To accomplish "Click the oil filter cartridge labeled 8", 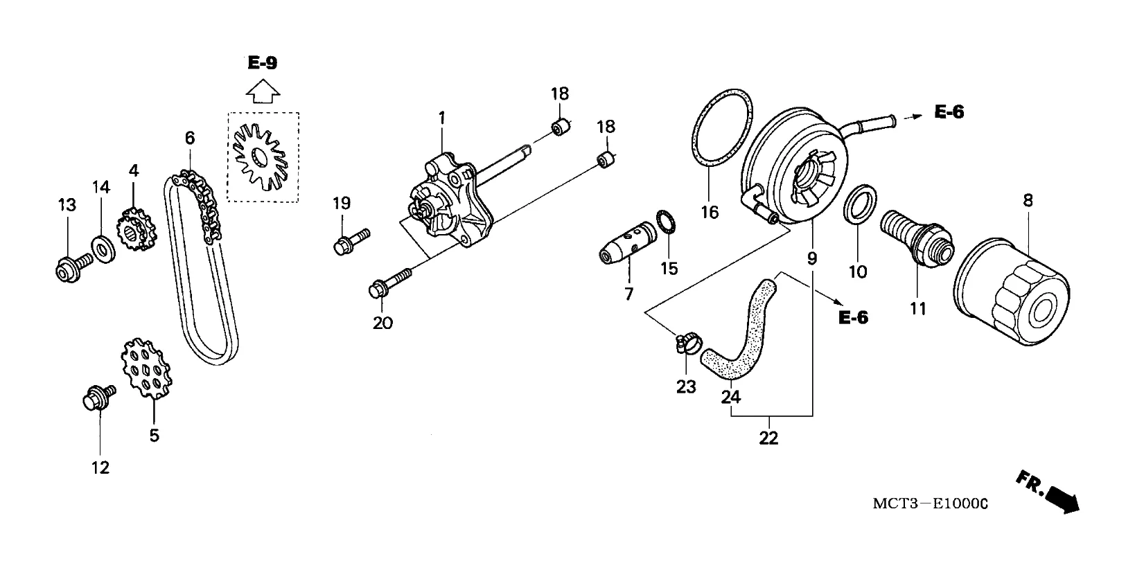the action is pyautogui.click(x=1012, y=292).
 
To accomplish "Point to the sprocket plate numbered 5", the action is pyautogui.click(x=146, y=368).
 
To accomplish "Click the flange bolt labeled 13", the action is pyautogui.click(x=73, y=268).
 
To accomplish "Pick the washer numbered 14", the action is pyautogui.click(x=103, y=249).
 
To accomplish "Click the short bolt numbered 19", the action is pyautogui.click(x=351, y=241).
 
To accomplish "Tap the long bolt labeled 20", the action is pyautogui.click(x=390, y=283).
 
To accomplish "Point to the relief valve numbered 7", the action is pyautogui.click(x=627, y=242).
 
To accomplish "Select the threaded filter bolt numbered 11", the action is pyautogui.click(x=917, y=237).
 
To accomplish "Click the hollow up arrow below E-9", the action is pyautogui.click(x=263, y=91).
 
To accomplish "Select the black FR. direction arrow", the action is pyautogui.click(x=1062, y=499).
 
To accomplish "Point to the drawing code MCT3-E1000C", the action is pyautogui.click(x=931, y=504).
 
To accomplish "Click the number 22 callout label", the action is pyautogui.click(x=768, y=438).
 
